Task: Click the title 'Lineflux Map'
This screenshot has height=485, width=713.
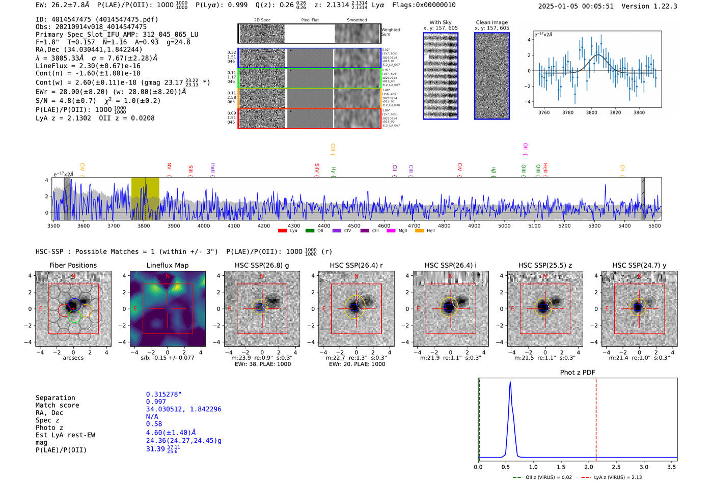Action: coord(167,265)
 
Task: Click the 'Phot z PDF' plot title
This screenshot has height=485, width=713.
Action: coord(578,373)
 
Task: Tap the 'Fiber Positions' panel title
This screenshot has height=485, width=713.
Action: coord(73,265)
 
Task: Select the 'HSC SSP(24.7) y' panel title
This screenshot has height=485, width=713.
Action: coord(639,265)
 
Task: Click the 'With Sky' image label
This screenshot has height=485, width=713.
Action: coord(440,22)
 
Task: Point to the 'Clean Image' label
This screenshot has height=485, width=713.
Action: coord(491,22)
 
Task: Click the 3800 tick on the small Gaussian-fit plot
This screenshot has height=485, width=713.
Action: coord(591,112)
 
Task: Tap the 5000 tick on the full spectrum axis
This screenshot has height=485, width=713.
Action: coord(504,226)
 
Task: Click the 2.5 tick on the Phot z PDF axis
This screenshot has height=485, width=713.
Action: coord(616,467)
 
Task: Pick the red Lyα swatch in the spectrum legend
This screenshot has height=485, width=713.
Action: coord(282,231)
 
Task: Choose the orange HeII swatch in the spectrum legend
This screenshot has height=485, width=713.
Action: coord(419,231)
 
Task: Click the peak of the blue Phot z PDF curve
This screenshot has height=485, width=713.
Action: coord(510,383)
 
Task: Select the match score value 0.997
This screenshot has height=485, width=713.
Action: coord(156,402)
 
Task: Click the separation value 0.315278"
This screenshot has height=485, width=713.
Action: coord(163,394)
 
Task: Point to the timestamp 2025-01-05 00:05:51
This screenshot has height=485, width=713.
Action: coord(575,7)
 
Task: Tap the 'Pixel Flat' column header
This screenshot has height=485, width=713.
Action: coord(310,20)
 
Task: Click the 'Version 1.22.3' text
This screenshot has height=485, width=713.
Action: coord(649,7)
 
